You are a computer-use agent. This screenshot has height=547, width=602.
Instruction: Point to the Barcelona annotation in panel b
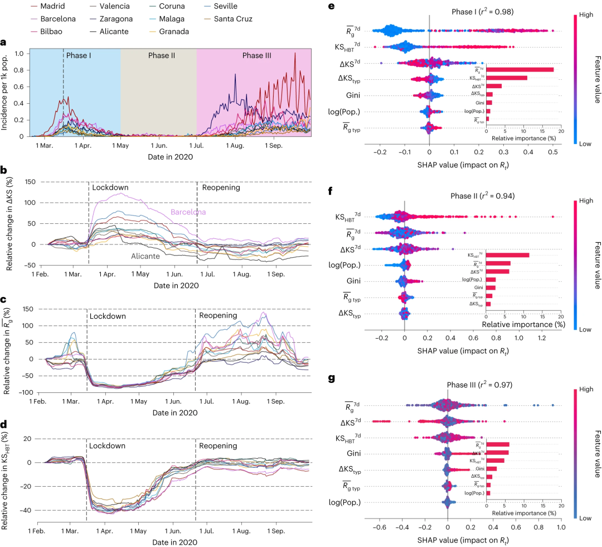coord(188,212)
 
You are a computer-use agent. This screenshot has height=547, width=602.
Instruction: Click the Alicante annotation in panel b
coord(145,256)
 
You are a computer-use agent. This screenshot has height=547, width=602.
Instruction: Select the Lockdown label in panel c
coord(108,316)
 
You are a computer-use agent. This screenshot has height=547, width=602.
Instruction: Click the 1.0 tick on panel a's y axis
coord(20,54)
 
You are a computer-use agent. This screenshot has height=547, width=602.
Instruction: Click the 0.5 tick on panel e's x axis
coord(553,151)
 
